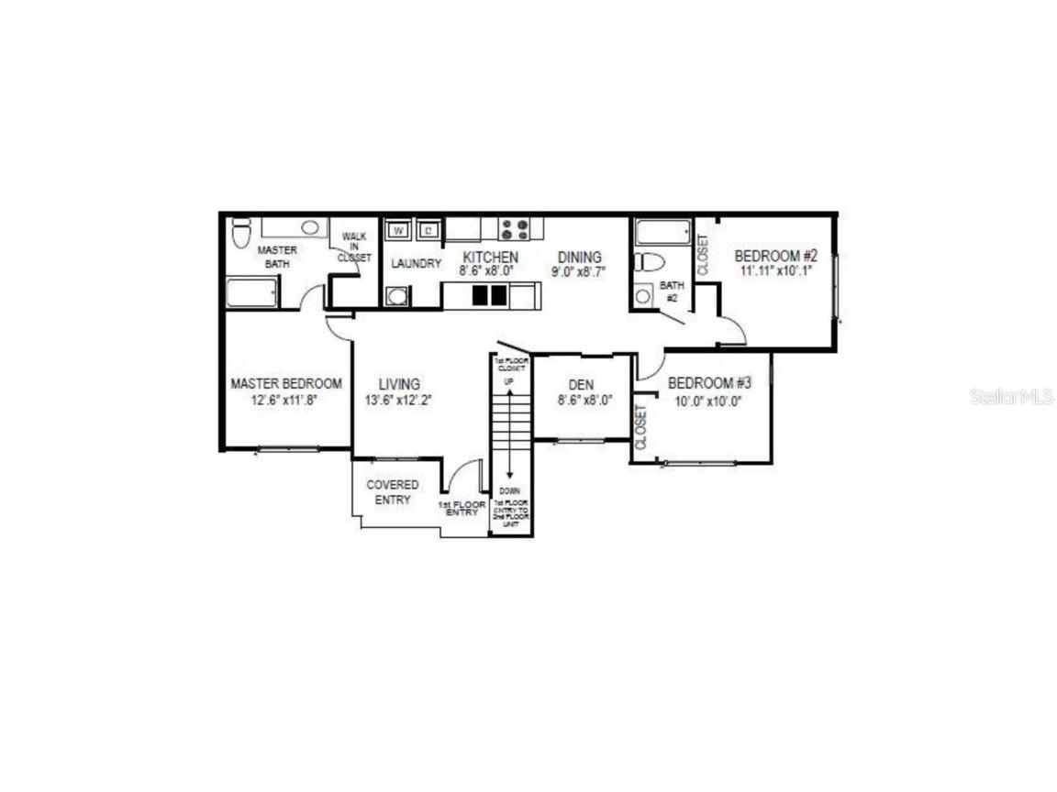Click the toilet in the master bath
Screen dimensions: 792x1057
click(x=240, y=233)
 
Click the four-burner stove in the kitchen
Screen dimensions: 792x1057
click(x=514, y=228)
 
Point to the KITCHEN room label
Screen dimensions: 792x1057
click(x=490, y=258)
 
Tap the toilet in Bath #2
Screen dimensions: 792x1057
click(x=649, y=262)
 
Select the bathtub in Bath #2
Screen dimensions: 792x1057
click(x=662, y=231)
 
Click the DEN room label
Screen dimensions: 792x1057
click(x=582, y=385)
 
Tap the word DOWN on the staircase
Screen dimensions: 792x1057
click(x=509, y=491)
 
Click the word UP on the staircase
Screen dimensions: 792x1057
click(x=508, y=380)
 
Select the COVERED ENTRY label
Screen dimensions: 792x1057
click(x=393, y=491)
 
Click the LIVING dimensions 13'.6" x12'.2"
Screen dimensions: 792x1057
click(x=398, y=400)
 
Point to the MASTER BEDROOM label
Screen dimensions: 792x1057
click(x=285, y=384)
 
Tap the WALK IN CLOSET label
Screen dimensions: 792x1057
click(x=354, y=247)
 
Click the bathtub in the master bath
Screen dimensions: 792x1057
click(x=251, y=293)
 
